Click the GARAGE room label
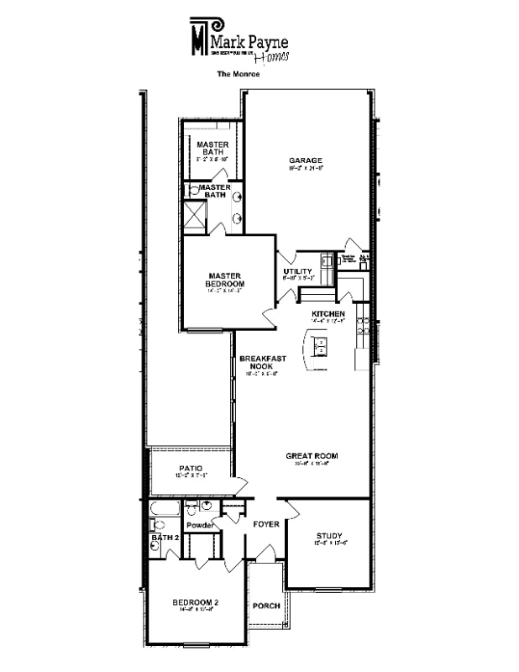tap(306, 160)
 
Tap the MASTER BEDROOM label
tap(225, 280)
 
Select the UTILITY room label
tap(298, 271)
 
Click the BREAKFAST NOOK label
tap(263, 363)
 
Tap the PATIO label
tap(191, 468)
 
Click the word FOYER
tap(266, 524)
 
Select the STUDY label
tap(328, 536)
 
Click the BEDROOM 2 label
tap(196, 602)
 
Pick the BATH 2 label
tap(165, 537)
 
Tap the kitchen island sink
tap(320, 343)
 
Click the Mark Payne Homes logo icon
tap(199, 35)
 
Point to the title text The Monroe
tap(239, 74)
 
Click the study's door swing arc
tap(293, 509)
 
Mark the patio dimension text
tap(191, 476)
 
